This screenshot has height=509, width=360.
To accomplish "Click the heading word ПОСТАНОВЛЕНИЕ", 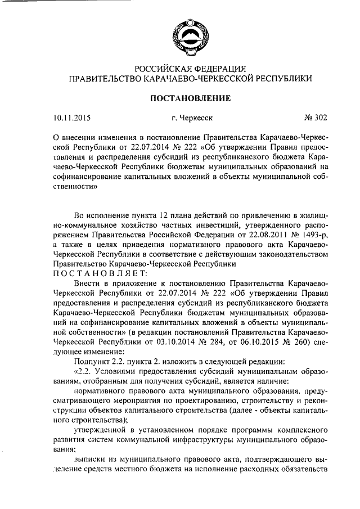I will (x=189, y=98).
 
